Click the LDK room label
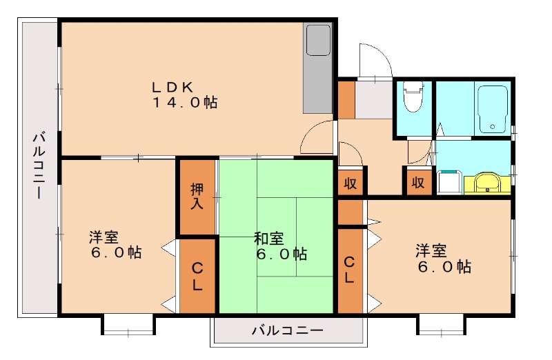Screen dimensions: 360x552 click(177, 87)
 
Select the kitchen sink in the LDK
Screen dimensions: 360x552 click(318, 41)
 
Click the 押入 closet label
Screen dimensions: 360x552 click(197, 196)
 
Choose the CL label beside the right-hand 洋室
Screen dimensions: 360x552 click(350, 270)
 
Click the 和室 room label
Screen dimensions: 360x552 click(269, 239)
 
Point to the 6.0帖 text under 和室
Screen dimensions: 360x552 click(279, 254)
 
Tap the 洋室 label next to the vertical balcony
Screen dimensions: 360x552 click(103, 238)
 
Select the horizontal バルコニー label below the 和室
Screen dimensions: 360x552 click(286, 330)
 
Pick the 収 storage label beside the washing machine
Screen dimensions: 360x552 click(417, 183)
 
